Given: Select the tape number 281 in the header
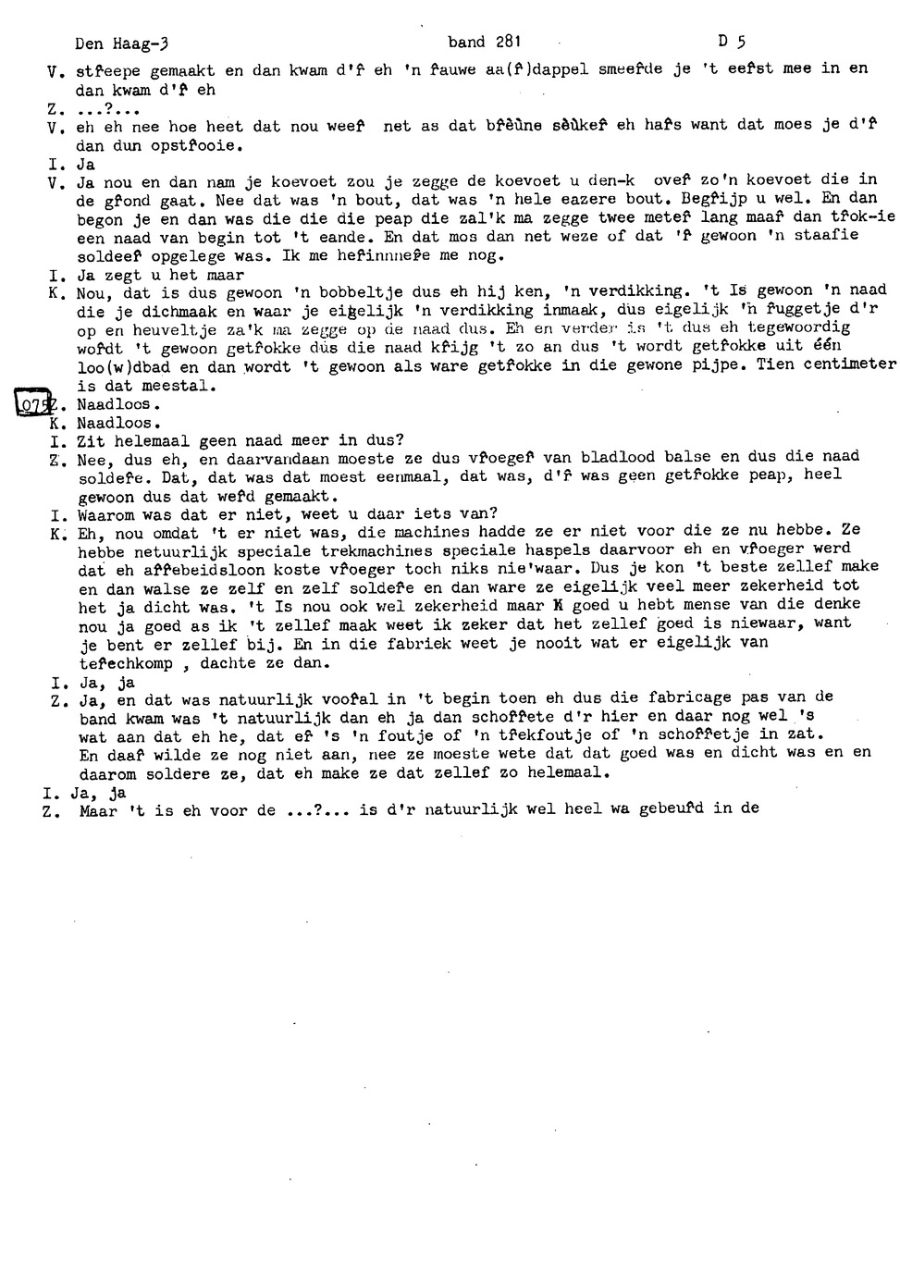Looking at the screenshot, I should point(508,42).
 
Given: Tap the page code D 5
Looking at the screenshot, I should point(732,42).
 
